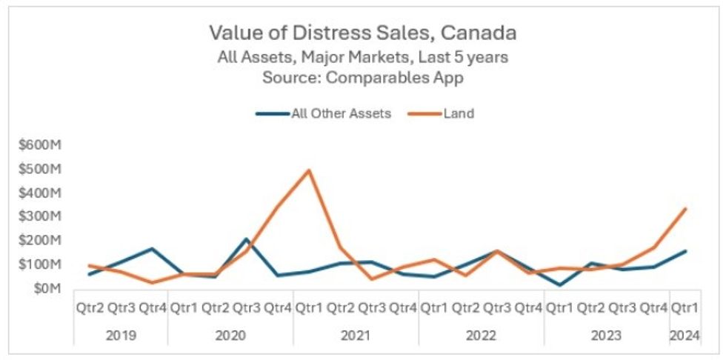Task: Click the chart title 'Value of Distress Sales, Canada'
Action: point(362,33)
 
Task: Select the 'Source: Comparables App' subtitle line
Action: point(362,77)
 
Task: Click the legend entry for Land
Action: point(454,114)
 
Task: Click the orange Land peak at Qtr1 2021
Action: point(309,170)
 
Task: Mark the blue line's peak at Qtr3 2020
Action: point(247,239)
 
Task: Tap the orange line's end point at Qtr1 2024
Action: point(685,208)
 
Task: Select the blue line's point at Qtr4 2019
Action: point(153,249)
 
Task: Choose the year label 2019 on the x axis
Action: point(121,334)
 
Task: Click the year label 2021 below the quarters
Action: point(356,334)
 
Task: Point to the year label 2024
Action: point(685,334)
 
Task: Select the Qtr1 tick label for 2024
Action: point(685,307)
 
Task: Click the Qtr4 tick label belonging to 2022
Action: point(528,307)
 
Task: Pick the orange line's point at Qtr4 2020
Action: point(278,207)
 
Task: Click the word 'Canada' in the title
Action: point(486,33)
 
